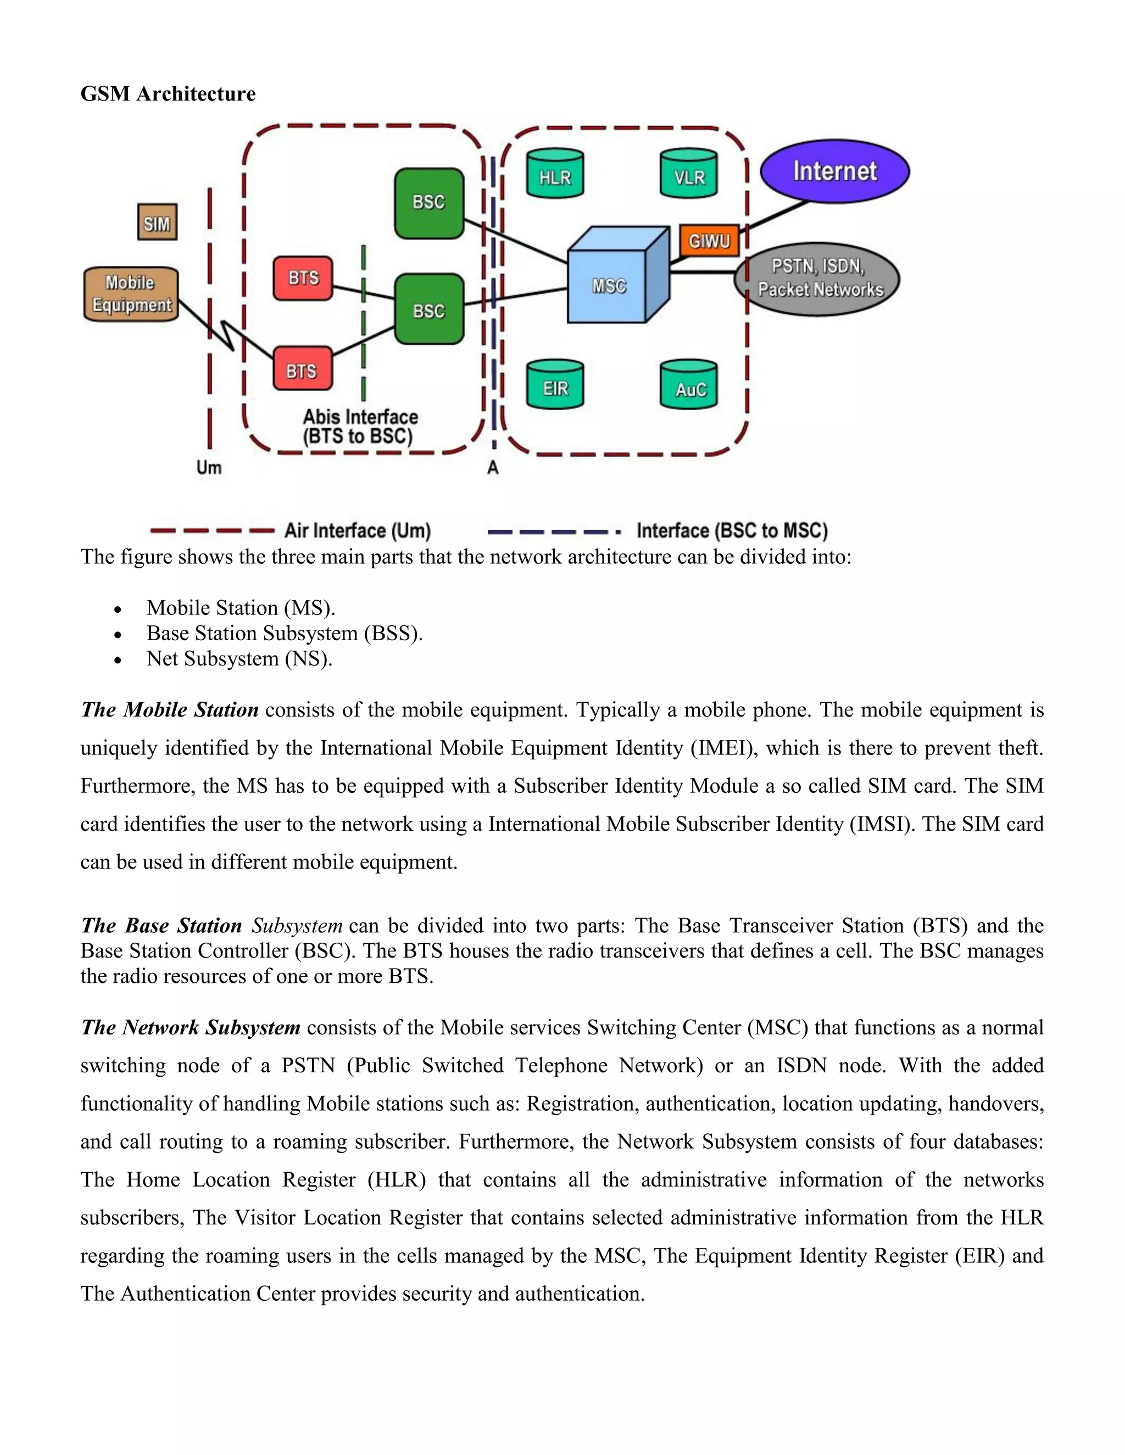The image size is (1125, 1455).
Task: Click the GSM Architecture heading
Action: [x=168, y=94]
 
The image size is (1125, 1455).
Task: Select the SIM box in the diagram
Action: [x=157, y=222]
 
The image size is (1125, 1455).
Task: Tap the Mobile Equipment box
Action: [x=131, y=294]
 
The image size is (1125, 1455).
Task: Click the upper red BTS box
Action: [x=303, y=278]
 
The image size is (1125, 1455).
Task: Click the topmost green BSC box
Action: [x=428, y=203]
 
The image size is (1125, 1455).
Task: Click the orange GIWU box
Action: [x=709, y=240]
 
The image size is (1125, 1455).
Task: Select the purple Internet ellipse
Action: [x=834, y=171]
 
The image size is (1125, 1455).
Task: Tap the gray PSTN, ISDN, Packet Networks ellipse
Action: [x=817, y=278]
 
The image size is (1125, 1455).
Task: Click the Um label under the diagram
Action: [x=209, y=468]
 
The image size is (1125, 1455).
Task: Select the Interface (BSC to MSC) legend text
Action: [x=732, y=531]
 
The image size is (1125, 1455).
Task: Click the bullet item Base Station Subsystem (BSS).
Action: [x=285, y=633]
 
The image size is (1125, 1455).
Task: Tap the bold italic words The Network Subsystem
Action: [x=191, y=1027]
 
